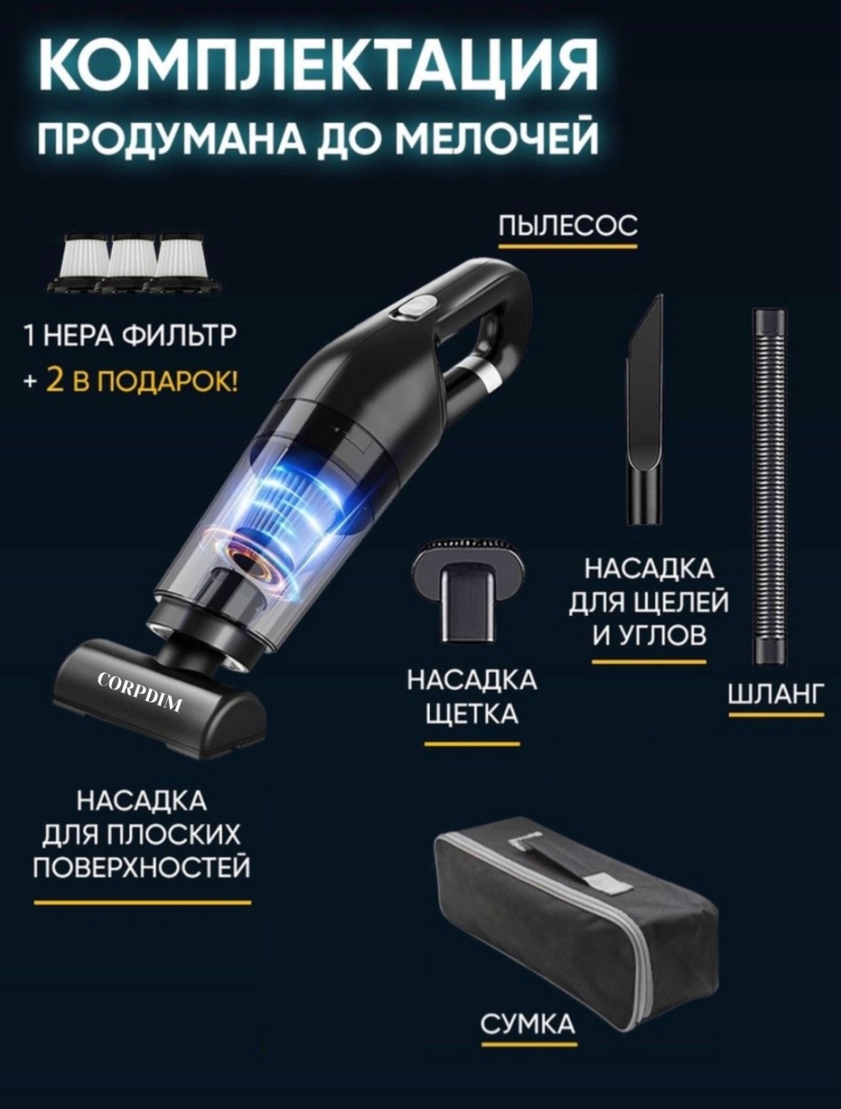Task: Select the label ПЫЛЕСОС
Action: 568,225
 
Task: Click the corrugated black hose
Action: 769,485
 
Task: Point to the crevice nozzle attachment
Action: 645,409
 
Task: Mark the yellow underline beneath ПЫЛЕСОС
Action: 568,247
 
